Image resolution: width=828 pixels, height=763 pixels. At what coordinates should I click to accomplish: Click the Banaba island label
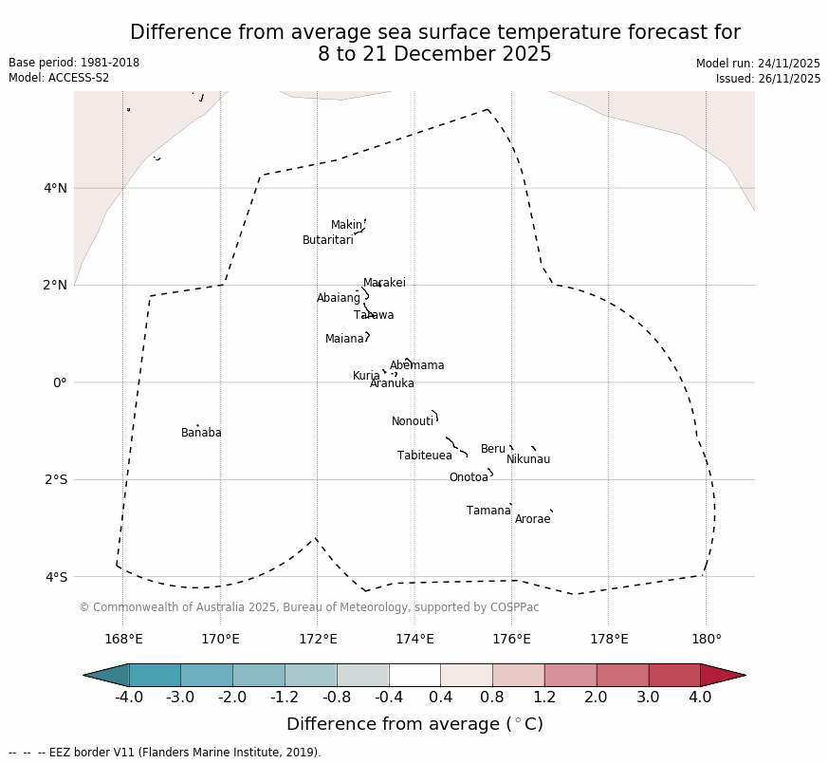click(x=201, y=434)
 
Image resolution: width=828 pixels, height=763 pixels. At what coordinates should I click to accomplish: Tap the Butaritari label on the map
click(x=327, y=241)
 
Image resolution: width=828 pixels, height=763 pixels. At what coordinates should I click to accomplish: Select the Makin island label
click(x=346, y=226)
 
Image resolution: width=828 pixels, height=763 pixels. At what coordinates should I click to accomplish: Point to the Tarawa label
click(x=374, y=316)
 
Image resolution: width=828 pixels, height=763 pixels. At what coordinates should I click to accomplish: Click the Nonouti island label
click(x=413, y=422)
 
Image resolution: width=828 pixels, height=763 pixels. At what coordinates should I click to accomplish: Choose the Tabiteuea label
click(x=424, y=456)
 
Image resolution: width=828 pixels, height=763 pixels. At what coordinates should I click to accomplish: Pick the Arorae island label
click(x=532, y=520)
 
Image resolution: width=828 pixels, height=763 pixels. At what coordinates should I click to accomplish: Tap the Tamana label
click(x=488, y=512)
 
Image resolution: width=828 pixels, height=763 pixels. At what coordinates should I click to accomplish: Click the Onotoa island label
click(x=469, y=478)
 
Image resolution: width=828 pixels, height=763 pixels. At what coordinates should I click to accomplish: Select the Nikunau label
click(x=528, y=460)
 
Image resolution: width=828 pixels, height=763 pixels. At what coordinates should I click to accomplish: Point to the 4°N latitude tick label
click(x=55, y=188)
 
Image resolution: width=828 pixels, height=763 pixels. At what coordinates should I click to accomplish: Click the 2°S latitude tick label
click(x=55, y=479)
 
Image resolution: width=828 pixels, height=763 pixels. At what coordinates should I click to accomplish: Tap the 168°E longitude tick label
click(x=123, y=640)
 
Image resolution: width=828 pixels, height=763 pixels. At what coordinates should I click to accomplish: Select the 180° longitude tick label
click(x=706, y=640)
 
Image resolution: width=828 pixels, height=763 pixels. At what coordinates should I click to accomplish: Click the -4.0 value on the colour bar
click(x=129, y=698)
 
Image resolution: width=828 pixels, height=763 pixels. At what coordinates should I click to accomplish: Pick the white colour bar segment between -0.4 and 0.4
click(x=414, y=675)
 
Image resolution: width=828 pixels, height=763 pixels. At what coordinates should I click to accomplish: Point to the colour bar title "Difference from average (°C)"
click(x=414, y=725)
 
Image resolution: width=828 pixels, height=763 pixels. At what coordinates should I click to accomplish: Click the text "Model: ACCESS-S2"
click(x=59, y=78)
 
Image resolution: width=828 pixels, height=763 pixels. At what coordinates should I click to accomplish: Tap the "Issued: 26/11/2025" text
click(x=768, y=79)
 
